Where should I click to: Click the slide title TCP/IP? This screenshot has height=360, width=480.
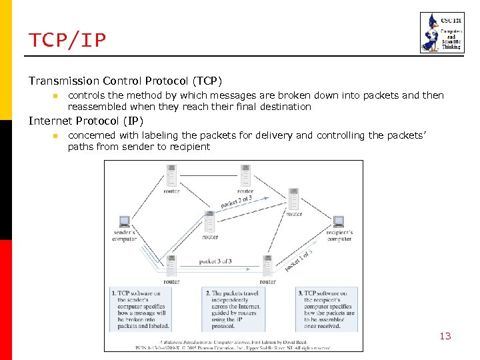[x=67, y=41]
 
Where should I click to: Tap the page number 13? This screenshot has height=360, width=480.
[x=445, y=336]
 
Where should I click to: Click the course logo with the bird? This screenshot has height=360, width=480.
[x=437, y=32]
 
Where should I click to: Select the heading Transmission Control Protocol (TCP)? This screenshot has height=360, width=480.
[x=125, y=81]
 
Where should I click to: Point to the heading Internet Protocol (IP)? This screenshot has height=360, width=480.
[x=85, y=121]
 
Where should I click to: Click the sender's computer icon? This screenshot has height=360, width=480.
[x=124, y=222]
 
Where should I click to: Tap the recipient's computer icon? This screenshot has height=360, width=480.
[x=339, y=222]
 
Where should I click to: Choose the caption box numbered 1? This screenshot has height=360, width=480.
[x=140, y=309]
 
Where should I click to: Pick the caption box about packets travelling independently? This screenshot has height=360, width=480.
[x=233, y=309]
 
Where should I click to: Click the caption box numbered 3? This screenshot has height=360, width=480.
[x=327, y=309]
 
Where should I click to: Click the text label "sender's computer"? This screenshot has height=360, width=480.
[x=124, y=235]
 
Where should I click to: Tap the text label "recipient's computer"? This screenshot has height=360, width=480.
[x=340, y=235]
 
